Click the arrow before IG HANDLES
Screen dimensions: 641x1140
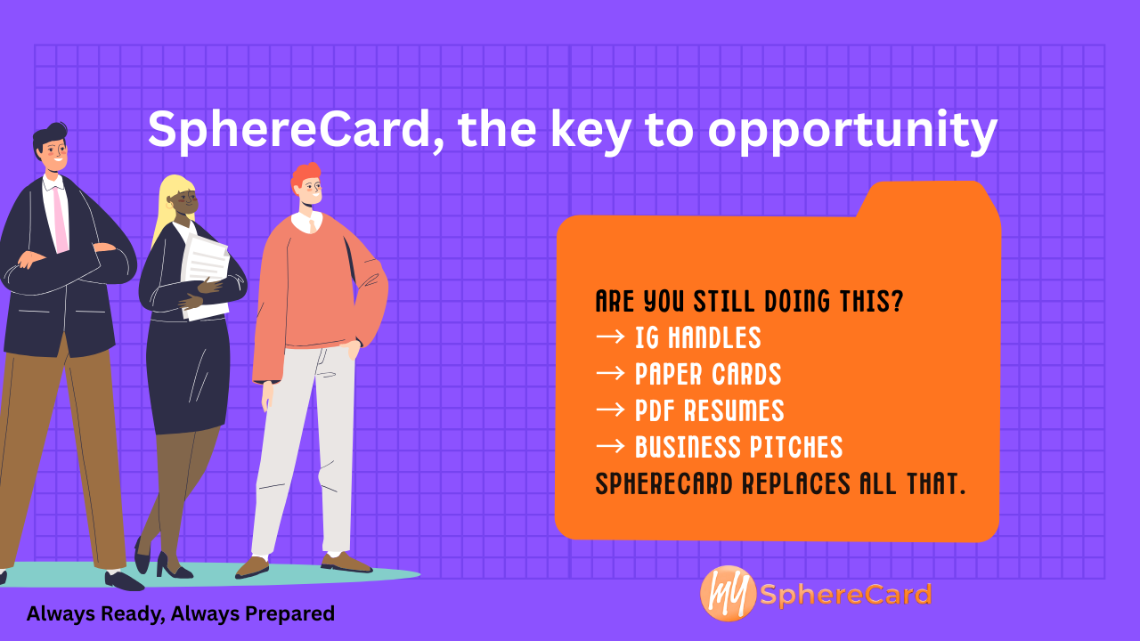(610, 337)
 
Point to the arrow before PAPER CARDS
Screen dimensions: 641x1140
(610, 374)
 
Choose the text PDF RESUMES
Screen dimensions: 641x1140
(709, 410)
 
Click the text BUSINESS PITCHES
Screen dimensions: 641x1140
(738, 447)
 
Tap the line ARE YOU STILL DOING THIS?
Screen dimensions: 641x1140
(749, 302)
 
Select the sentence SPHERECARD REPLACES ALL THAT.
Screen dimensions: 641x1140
(780, 484)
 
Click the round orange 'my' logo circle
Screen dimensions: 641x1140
(728, 593)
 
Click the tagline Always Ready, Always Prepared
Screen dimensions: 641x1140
(181, 613)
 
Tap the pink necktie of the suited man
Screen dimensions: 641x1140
(60, 218)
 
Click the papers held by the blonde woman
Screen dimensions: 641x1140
(205, 267)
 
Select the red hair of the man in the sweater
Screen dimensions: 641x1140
(305, 174)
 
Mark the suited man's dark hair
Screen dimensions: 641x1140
(49, 135)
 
